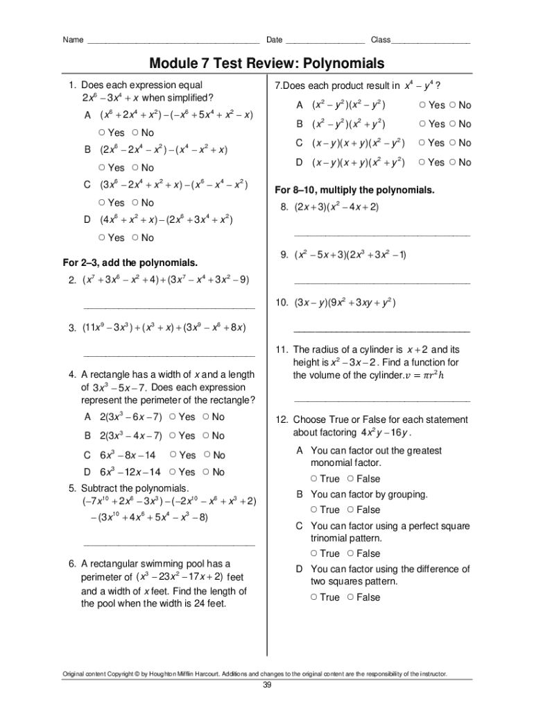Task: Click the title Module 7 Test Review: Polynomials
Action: point(266,64)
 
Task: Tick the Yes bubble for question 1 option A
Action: point(102,133)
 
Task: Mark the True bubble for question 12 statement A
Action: point(314,479)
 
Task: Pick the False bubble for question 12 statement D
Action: point(350,597)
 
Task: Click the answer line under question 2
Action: point(169,306)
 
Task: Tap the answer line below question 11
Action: point(381,401)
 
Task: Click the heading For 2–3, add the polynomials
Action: point(130,262)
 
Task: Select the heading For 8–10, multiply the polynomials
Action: point(354,190)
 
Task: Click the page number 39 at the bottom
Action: point(267,686)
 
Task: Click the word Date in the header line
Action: point(274,40)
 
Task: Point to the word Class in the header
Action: point(381,40)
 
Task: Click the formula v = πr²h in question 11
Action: point(430,376)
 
